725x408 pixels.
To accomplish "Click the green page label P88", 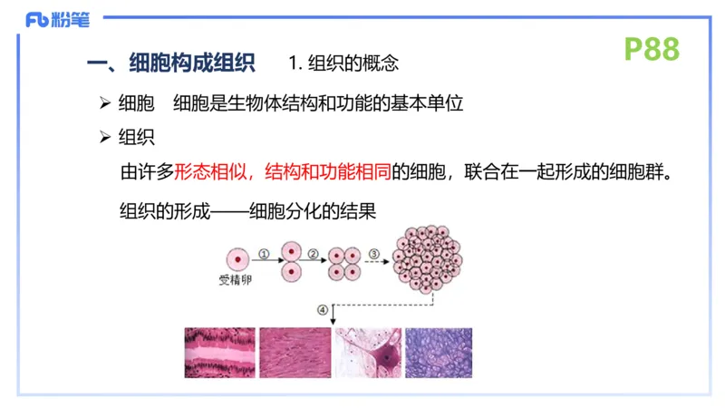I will pos(652,49).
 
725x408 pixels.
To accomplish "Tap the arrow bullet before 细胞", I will pos(104,102).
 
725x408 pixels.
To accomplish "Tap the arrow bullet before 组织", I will pos(104,137).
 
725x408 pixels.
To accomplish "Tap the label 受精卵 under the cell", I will pos(235,280).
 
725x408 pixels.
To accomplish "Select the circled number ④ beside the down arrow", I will pos(324,310).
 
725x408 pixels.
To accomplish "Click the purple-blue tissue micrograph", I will pos(439,353).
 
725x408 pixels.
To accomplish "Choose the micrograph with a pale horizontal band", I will pos(220,353).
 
